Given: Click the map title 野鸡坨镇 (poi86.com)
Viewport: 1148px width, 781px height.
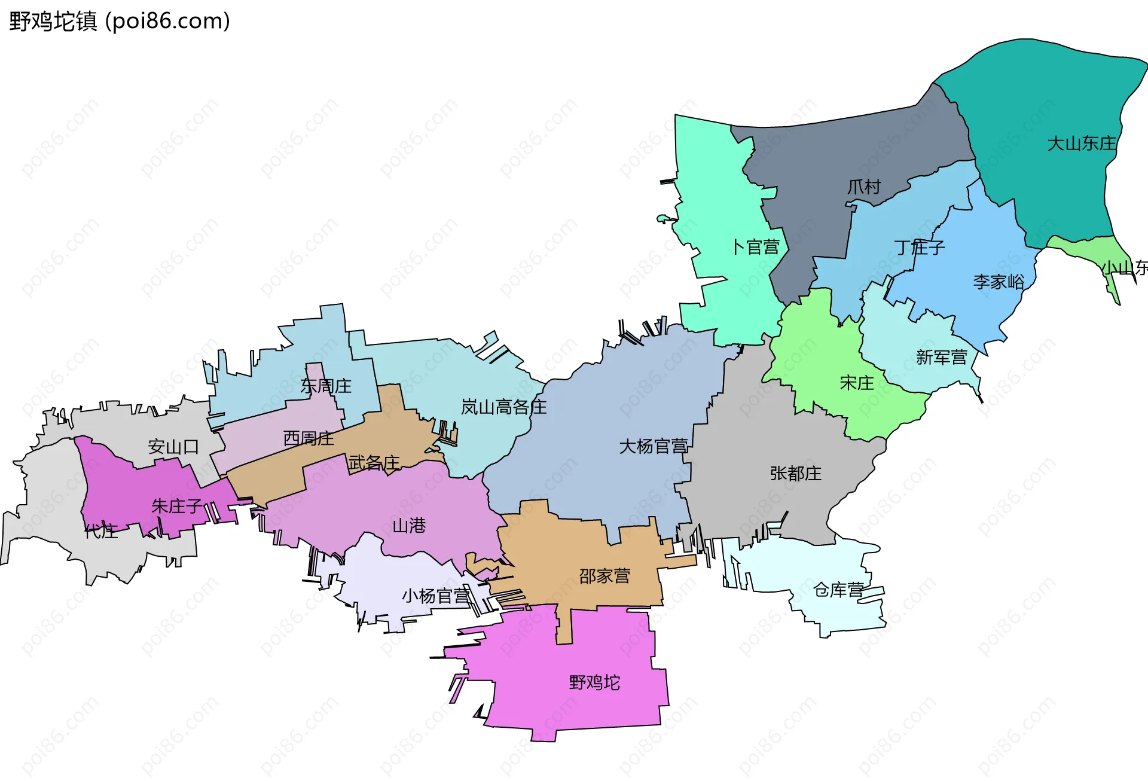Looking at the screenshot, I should tap(120, 22).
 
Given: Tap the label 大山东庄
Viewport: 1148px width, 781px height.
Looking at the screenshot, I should tap(1081, 144).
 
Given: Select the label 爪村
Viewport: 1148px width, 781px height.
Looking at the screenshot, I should tap(864, 187).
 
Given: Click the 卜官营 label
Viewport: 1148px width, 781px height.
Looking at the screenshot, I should tap(756, 247).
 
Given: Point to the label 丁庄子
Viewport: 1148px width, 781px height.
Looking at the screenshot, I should tap(919, 247).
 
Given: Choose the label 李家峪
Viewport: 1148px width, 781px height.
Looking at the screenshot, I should tap(999, 282).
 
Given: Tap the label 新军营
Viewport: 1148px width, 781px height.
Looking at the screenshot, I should tap(941, 358).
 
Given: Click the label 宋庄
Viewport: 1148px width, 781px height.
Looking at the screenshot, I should tap(856, 383).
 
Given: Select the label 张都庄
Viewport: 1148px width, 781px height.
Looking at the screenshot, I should tap(795, 474).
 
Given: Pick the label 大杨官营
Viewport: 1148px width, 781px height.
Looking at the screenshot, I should tap(653, 446).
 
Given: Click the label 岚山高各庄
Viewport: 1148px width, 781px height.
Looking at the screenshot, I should tap(503, 407).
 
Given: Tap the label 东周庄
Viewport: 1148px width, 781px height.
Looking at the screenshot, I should tap(325, 386).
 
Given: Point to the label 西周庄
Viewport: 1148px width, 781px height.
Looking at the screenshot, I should tap(309, 438).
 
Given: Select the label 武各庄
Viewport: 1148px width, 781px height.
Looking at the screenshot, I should tap(374, 462).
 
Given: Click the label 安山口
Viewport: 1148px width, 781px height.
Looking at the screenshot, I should tap(173, 447).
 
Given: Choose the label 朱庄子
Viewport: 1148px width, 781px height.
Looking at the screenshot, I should tap(177, 506).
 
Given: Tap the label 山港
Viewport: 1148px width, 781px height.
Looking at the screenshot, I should tap(409, 526).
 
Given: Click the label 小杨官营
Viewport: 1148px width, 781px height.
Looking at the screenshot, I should tap(435, 596).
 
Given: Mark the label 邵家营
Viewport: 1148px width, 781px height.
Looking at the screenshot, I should tap(604, 576).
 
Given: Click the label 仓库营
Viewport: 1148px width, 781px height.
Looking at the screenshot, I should tap(838, 590).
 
